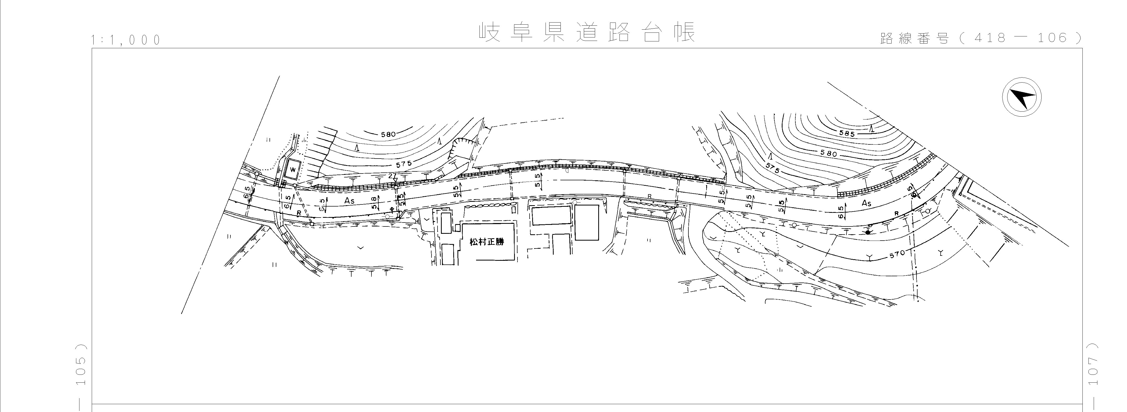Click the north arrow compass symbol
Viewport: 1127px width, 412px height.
click(1022, 97)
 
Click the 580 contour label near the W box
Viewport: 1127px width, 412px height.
click(388, 134)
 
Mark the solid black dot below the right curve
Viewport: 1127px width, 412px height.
click(867, 232)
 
